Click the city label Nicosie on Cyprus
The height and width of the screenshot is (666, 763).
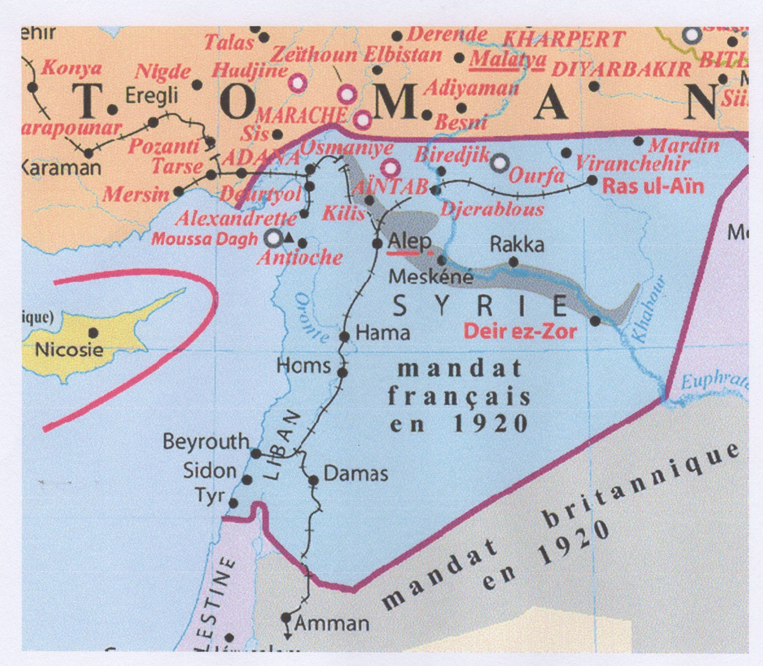(x=69, y=350)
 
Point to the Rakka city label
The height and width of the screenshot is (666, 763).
(x=517, y=245)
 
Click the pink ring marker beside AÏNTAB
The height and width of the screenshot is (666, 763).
(x=390, y=168)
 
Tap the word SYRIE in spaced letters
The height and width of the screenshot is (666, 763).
(x=480, y=307)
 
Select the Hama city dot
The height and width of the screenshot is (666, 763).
(x=345, y=337)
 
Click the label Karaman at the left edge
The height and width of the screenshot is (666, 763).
(x=61, y=168)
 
